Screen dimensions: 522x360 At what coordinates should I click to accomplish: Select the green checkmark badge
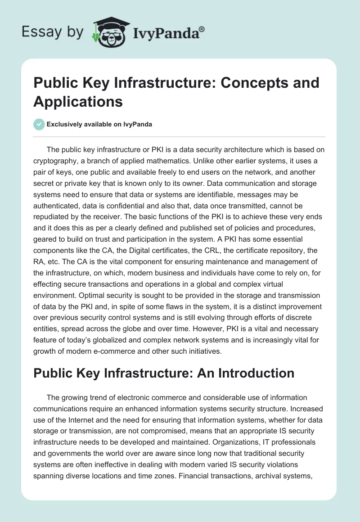[x=39, y=124]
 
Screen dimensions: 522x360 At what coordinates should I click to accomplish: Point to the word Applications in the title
[x=78, y=101]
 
